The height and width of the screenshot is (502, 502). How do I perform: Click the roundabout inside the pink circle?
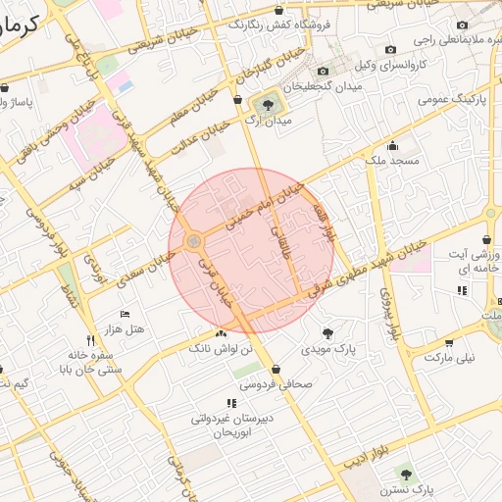point(194,240)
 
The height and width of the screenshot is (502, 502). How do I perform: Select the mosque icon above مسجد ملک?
point(393,145)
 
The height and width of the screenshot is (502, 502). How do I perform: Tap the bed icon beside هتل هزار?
point(124,313)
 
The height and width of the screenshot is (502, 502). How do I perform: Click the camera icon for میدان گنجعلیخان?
point(324,72)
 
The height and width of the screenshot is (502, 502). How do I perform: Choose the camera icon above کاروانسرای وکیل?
point(391,50)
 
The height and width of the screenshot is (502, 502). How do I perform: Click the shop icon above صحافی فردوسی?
point(276,369)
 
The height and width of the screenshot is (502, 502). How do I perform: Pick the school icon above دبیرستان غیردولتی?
point(231,403)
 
